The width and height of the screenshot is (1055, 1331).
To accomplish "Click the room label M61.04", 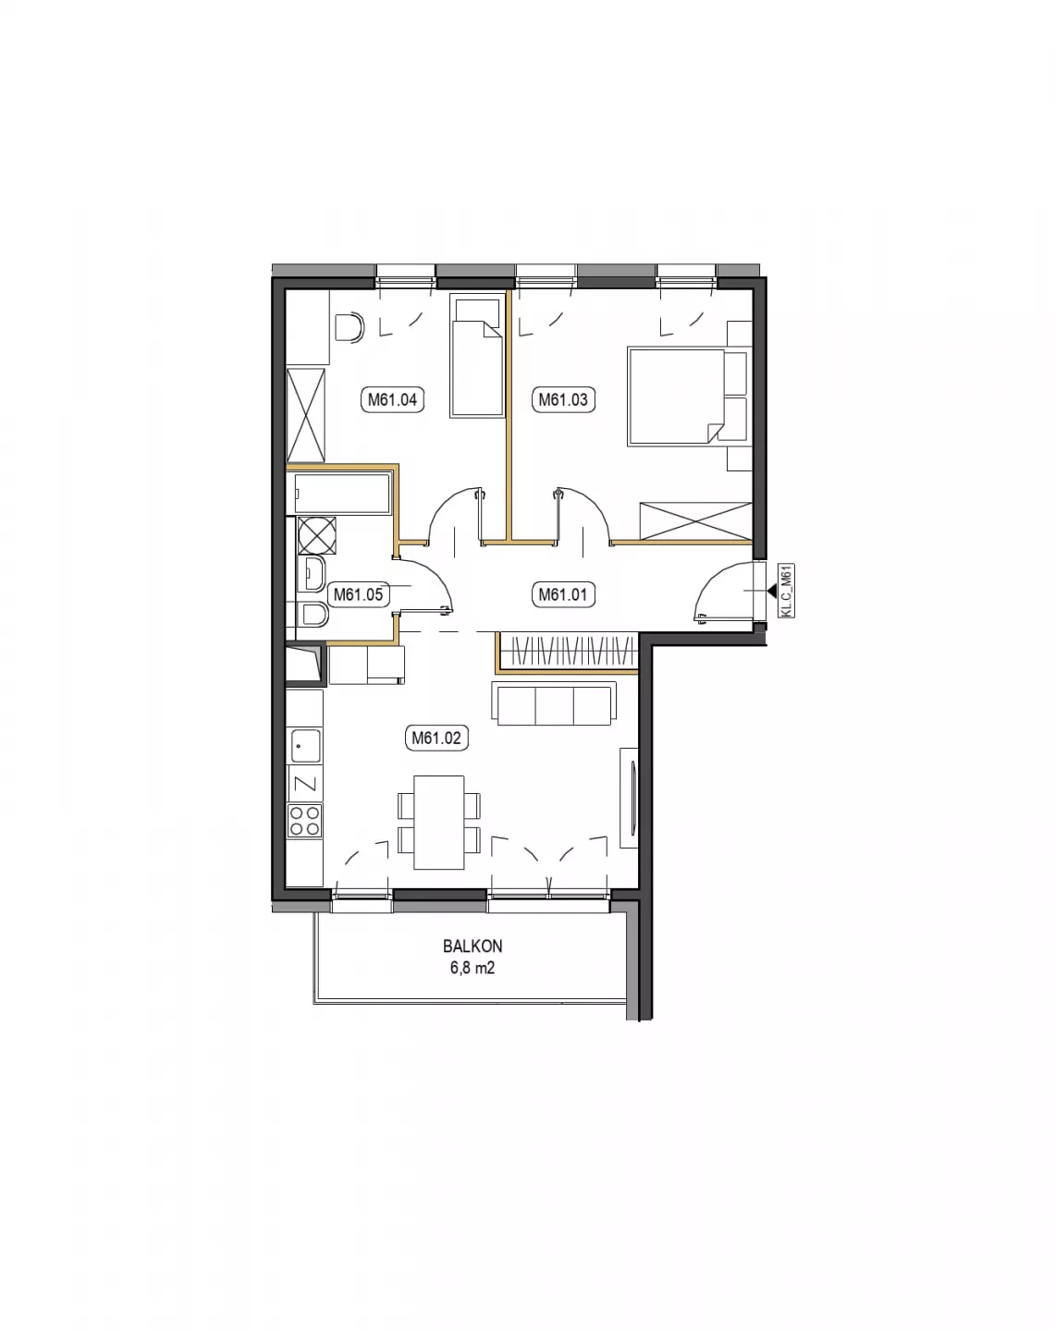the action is point(392,399).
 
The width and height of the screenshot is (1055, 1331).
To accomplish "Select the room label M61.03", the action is point(562,399).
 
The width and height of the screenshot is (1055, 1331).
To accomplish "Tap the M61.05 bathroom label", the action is point(358,594).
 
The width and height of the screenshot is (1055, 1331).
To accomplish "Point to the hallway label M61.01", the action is point(562,594).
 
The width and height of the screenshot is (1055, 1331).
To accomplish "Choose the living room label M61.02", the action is point(436,738).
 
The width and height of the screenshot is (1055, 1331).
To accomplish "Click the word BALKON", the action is point(472,946).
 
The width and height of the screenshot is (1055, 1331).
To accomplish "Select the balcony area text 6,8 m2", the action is point(472,968).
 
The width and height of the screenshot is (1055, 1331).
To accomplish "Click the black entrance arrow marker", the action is point(772,591).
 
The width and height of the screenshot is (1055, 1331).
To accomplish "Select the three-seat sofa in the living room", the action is point(554,703).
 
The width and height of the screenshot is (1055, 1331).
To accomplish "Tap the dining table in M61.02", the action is point(438,823).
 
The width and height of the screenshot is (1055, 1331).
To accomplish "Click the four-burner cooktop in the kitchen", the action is point(305,820).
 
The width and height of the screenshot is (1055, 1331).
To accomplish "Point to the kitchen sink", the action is point(305,746).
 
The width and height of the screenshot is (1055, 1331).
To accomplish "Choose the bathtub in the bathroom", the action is point(343,493).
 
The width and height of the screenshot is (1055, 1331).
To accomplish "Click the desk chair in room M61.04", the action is point(349,328).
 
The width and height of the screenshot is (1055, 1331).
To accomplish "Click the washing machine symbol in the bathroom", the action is point(317,535).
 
